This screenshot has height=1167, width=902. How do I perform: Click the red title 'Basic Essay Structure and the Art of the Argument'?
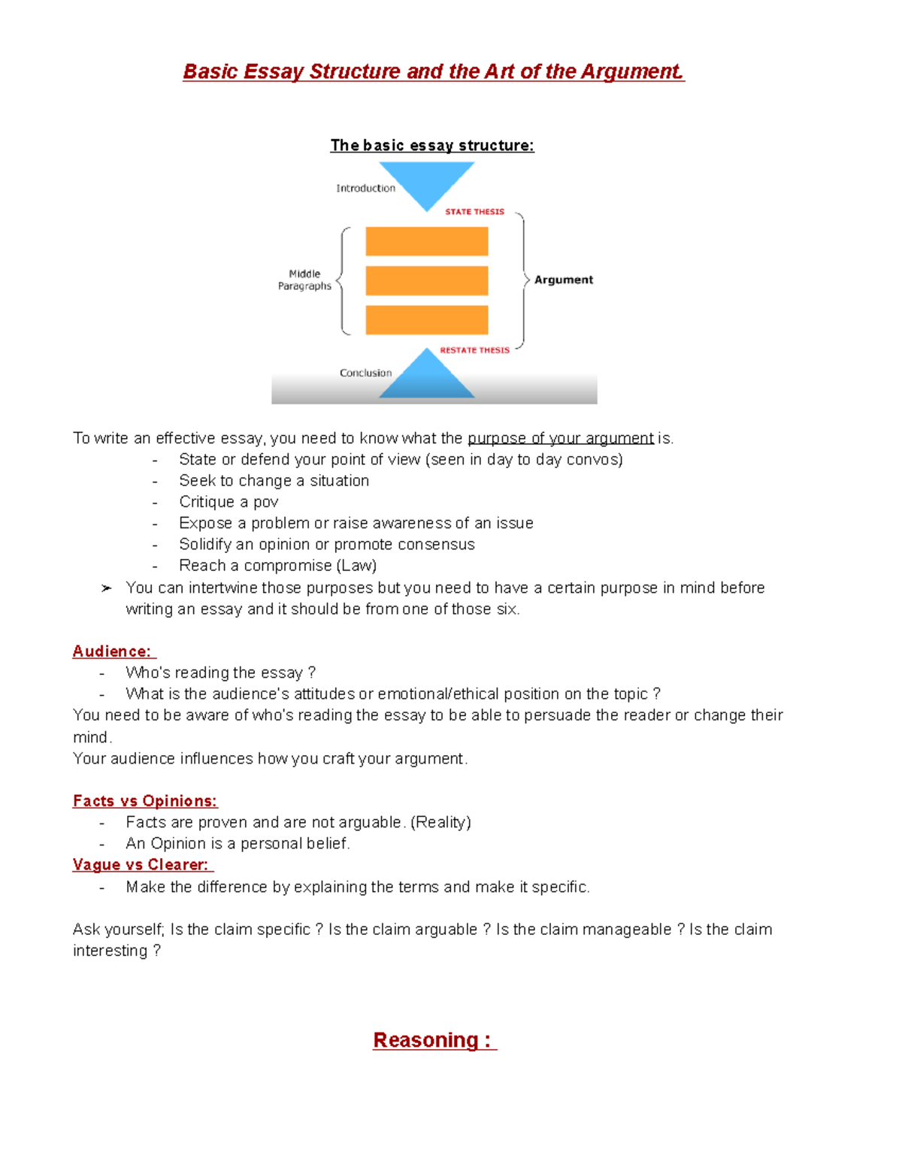tap(433, 71)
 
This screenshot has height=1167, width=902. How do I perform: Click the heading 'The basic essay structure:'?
tap(432, 145)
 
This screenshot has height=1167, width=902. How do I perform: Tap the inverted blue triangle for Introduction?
tap(427, 182)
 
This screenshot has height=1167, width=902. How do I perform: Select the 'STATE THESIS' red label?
tap(474, 212)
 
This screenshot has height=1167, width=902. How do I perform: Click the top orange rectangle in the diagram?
tap(427, 242)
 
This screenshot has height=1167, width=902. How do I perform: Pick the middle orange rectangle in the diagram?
tap(427, 280)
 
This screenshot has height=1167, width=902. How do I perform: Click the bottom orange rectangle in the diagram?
tap(427, 319)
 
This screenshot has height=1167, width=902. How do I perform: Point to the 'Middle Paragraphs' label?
tap(304, 280)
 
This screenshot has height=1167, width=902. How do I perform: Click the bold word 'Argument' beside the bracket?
tap(563, 280)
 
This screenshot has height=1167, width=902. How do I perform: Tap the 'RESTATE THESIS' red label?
tap(474, 350)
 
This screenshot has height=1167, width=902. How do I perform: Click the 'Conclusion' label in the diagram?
tap(365, 373)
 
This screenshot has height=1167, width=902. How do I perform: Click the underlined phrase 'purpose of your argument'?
tap(560, 438)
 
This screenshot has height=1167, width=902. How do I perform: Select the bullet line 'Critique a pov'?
tap(229, 502)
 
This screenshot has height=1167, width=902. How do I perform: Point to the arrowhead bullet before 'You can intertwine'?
tap(106, 588)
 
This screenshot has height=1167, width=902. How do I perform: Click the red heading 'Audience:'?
tap(112, 652)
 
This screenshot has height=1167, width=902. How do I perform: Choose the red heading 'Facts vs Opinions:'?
tap(145, 801)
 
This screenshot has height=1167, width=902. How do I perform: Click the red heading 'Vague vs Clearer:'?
tap(141, 865)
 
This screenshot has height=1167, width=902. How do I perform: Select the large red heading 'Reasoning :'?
tap(433, 1040)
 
